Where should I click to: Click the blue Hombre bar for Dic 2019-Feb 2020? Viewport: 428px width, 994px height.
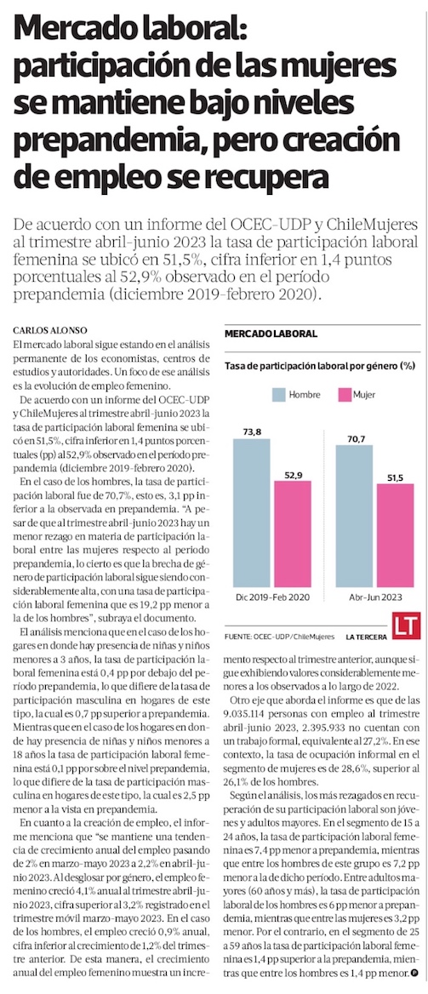click(251, 512)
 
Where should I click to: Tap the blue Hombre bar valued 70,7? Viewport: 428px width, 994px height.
click(355, 516)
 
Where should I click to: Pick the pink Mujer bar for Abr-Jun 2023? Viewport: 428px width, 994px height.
click(395, 535)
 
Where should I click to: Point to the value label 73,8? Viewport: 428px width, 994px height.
click(252, 431)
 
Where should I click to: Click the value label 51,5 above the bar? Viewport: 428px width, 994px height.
click(395, 477)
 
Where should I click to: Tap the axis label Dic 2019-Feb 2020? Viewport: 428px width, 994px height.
click(273, 597)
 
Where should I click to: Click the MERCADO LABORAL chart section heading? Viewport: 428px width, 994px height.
click(271, 334)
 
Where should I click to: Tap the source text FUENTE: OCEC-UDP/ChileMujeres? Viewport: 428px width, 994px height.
click(279, 635)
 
